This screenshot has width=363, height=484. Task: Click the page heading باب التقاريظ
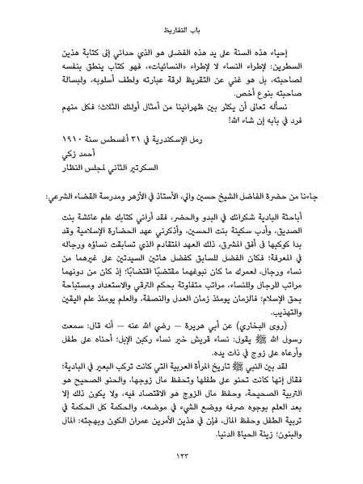181,13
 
